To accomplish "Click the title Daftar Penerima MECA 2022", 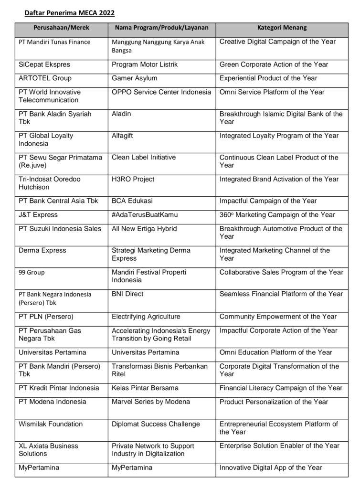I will pos(70,12).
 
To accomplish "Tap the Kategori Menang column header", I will pos(282,28).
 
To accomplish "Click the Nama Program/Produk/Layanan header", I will pos(161,28).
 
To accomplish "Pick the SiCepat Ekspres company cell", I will pos(43,64).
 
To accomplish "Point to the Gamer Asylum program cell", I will pos(134,78).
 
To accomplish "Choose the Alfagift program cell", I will pos(122,136).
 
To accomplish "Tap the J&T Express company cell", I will pos(38,215).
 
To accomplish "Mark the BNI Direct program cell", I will pos(127,294).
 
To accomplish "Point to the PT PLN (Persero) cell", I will pos(46,317).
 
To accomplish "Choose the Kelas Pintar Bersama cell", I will pos(145,388).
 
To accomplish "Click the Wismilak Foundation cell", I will pos(51,424).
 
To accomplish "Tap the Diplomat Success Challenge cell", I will pos(156,424).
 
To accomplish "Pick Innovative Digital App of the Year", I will pos(271,468).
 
